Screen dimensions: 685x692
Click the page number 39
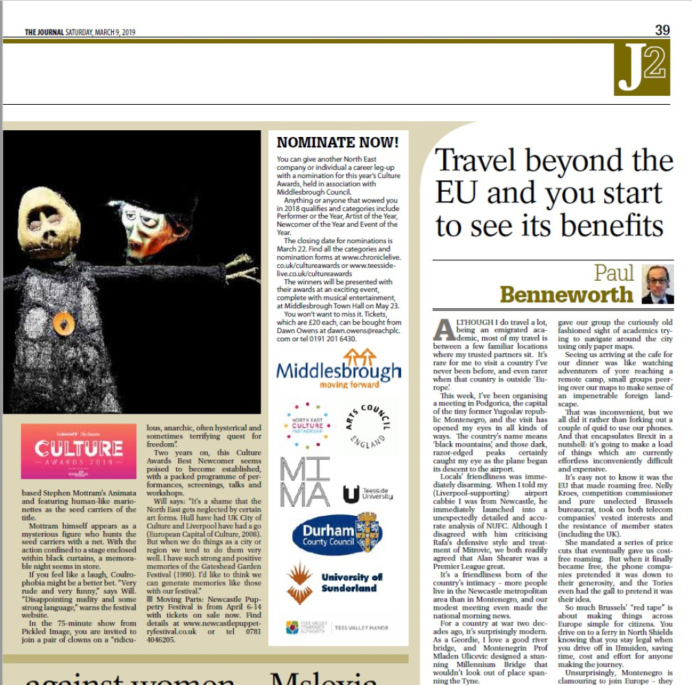tap(662, 30)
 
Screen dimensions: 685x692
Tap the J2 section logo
tap(641, 68)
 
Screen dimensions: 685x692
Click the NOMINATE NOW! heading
tap(337, 143)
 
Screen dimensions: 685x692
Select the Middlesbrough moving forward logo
tap(338, 370)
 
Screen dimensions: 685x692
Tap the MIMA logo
tap(305, 482)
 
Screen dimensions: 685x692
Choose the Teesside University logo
tap(368, 493)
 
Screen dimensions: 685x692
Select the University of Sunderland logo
tap(337, 582)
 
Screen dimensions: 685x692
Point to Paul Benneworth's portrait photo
tap(658, 284)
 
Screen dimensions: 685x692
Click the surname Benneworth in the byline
tap(566, 295)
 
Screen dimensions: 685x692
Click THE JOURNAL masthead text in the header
tap(45, 32)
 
